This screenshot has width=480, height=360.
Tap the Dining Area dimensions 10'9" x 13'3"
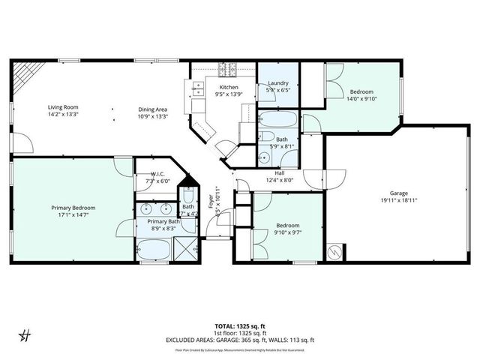(154, 115)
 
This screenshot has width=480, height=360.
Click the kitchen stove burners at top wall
(226, 70)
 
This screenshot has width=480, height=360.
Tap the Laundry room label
(277, 84)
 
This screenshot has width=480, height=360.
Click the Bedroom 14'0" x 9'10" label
(361, 91)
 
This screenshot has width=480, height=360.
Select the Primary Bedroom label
(73, 208)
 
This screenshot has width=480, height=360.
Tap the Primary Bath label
(163, 222)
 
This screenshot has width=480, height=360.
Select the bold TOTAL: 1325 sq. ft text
(239, 327)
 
